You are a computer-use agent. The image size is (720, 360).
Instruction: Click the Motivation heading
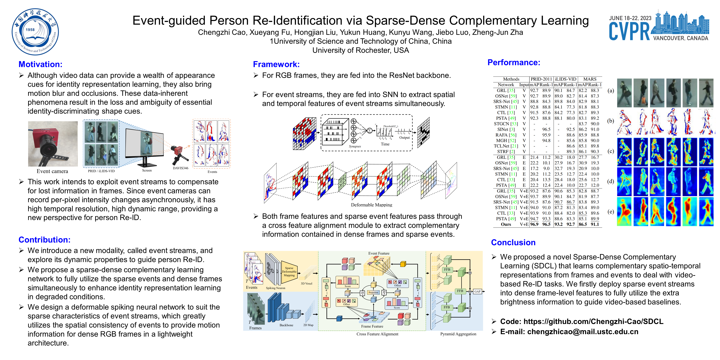[x=40, y=64]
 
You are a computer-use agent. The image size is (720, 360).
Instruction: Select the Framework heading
[x=276, y=64]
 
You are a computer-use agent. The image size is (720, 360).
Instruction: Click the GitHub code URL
[x=593, y=321]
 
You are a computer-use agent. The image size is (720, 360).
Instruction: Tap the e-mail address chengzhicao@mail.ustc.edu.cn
[x=583, y=332]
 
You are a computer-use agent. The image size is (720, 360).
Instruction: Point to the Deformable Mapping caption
[x=371, y=205]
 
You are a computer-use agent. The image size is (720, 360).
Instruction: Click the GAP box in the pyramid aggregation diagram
[x=477, y=292]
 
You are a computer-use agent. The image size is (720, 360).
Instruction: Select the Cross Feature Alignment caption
[x=377, y=334]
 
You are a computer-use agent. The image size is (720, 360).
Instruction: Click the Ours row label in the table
[x=506, y=224]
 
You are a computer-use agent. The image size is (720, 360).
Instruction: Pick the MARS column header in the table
[x=590, y=79]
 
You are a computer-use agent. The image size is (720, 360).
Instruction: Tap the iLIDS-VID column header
[x=565, y=79]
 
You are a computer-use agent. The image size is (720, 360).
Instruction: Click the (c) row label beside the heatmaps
[x=611, y=151]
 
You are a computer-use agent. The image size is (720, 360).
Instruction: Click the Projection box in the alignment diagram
[x=373, y=292]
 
